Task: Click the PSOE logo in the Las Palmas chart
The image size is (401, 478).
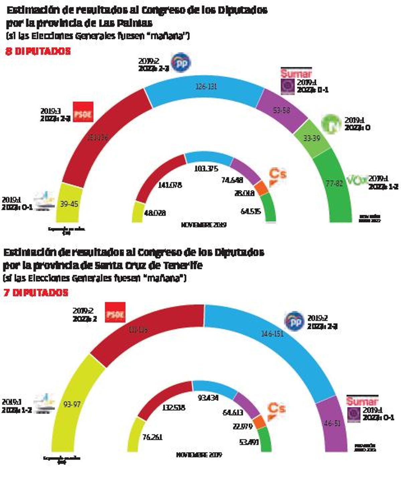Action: tap(83, 112)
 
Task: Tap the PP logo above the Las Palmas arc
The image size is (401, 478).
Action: tap(181, 62)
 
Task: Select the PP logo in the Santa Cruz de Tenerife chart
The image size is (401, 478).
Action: tap(294, 321)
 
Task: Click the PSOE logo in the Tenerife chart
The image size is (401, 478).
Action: tap(115, 312)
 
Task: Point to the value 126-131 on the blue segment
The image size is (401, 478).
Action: tap(206, 87)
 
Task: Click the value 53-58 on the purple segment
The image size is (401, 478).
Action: tap(281, 110)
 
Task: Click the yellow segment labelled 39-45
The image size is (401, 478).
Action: tap(69, 204)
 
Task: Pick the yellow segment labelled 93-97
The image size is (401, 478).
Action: tap(72, 404)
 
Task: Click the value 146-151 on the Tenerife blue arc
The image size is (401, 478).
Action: tap(273, 333)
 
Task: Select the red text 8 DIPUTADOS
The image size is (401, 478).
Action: tap(38, 51)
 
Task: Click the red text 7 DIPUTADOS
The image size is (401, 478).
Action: tap(36, 293)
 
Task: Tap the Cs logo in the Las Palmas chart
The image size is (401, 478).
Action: tap(277, 176)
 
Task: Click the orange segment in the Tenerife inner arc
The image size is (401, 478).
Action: tap(259, 423)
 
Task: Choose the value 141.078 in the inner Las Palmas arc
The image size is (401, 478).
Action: tap(170, 185)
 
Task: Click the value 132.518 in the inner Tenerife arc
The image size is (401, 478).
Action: tap(173, 408)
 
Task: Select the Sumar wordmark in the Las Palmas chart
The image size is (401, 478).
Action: tap(296, 73)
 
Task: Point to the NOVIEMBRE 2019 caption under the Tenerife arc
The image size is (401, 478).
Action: tap(199, 455)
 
